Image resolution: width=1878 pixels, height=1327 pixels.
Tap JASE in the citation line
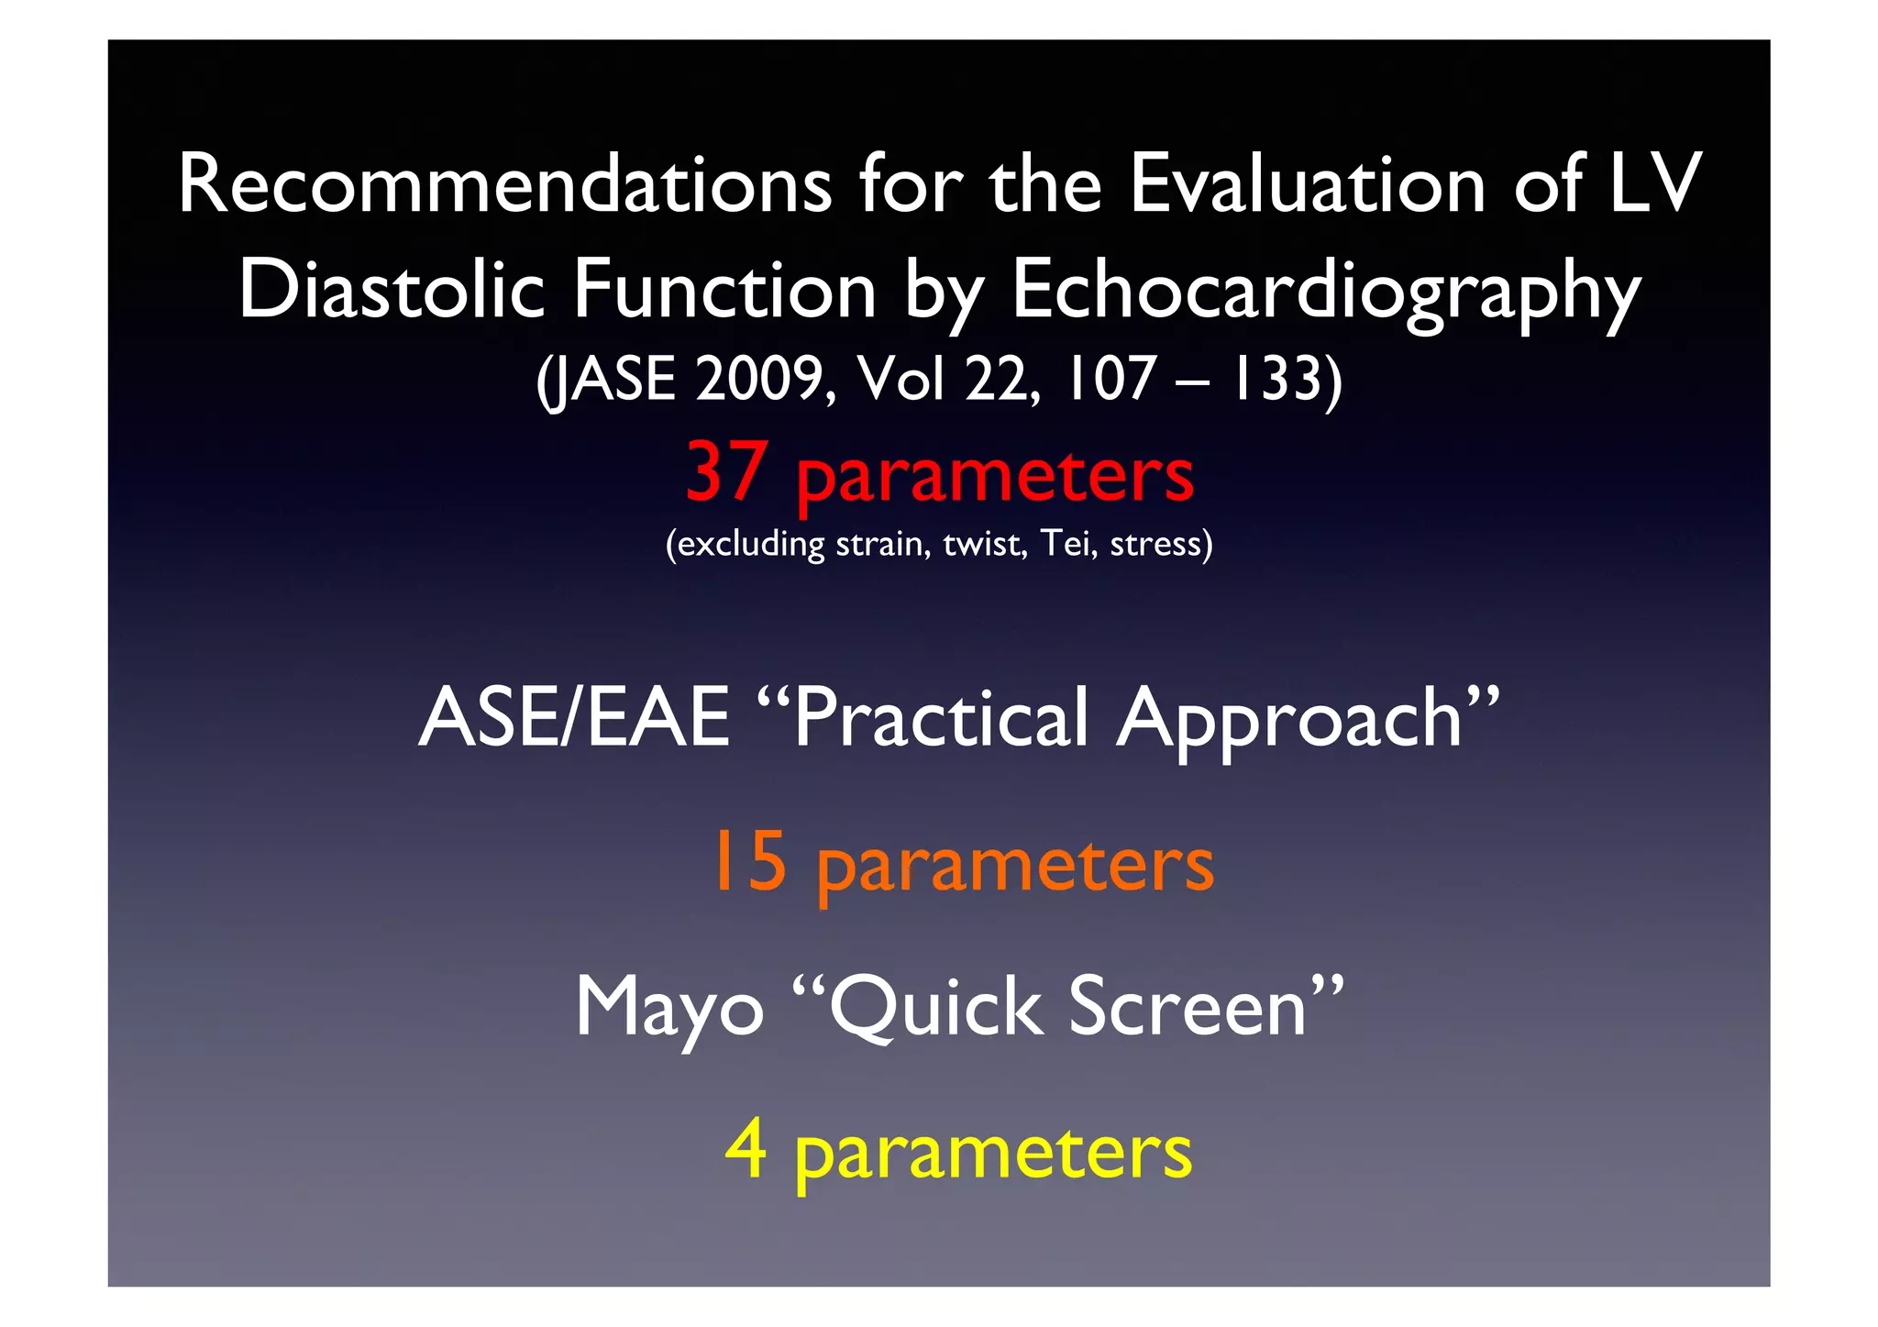point(609,380)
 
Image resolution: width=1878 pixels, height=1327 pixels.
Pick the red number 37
point(725,471)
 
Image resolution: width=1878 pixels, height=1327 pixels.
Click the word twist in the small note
point(984,544)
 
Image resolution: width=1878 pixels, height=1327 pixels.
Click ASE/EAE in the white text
point(574,718)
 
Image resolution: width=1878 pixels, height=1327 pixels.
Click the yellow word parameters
point(993,1155)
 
